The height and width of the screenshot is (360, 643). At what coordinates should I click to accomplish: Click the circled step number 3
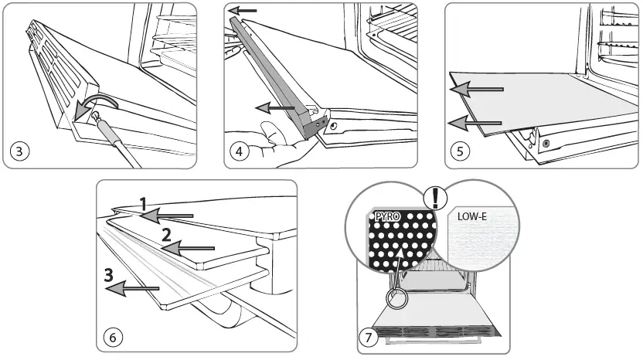pos(18,151)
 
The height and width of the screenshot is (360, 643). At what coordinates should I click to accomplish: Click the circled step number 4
pos(240,151)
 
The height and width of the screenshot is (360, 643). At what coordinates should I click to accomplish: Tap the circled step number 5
pos(460,151)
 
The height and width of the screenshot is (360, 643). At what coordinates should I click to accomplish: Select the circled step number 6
pos(113,338)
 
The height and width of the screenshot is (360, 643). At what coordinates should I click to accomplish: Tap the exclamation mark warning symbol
pos(437,198)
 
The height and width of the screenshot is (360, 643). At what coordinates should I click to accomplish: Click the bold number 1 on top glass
pos(143,204)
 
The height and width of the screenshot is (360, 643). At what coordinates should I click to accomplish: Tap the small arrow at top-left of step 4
pos(245,12)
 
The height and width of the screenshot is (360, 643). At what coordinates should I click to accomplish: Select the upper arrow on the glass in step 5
pos(477,90)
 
